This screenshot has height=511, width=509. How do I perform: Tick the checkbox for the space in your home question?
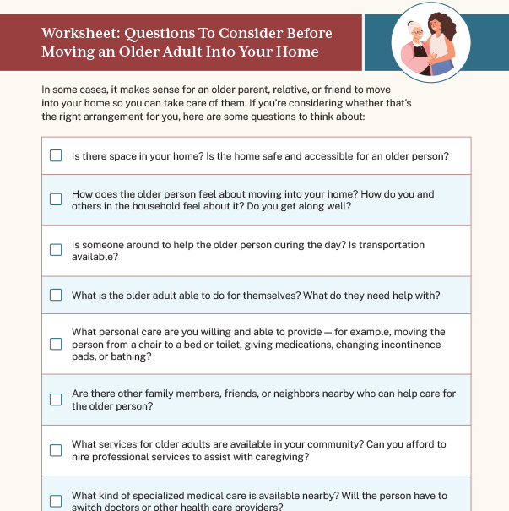click(56, 155)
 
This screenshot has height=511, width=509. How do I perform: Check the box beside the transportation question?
click(56, 250)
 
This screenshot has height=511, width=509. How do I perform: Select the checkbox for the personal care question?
click(56, 344)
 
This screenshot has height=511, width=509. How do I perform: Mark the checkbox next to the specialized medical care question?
click(56, 501)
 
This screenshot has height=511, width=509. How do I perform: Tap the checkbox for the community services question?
click(56, 450)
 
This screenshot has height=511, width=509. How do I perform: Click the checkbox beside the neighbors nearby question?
click(56, 400)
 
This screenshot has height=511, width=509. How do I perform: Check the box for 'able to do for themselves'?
click(56, 295)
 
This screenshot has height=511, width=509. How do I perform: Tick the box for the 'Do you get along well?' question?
click(56, 199)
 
